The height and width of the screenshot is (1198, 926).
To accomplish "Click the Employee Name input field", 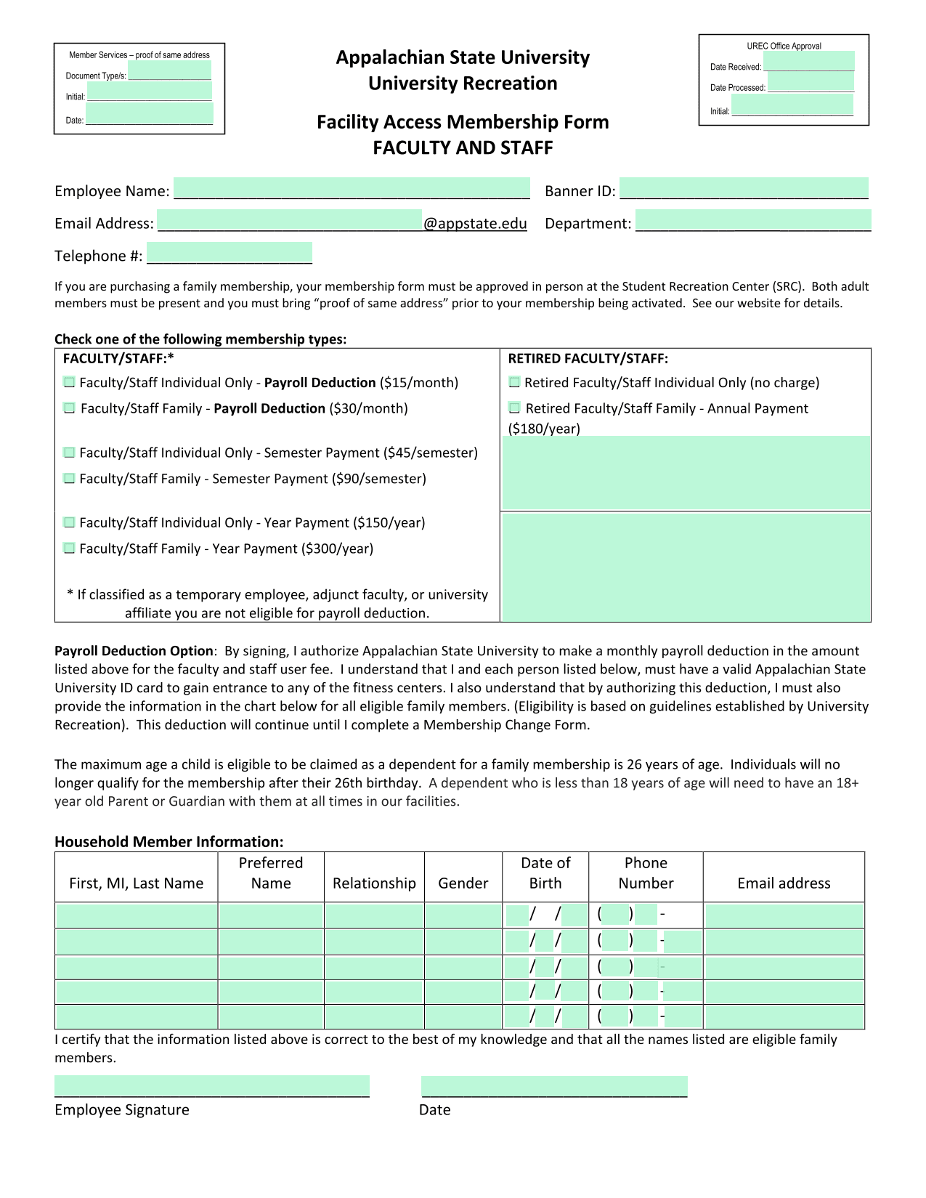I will click(352, 188).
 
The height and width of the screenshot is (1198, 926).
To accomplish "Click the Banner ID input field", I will click(744, 188).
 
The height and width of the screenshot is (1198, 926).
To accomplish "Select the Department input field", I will click(753, 221).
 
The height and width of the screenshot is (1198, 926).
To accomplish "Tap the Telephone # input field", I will click(230, 253).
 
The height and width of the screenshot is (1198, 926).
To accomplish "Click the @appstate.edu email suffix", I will click(476, 224).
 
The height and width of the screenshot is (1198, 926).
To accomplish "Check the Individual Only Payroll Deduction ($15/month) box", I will click(69, 382).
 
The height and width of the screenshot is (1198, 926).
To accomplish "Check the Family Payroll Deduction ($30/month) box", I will click(69, 408).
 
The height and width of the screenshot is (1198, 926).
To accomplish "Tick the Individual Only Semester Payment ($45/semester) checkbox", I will click(69, 453).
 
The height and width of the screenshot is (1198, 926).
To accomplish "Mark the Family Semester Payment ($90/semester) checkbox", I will click(69, 479).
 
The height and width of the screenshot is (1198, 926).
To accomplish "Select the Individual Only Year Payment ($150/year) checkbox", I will click(69, 522).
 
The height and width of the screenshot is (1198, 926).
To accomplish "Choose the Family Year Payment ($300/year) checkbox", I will click(69, 549).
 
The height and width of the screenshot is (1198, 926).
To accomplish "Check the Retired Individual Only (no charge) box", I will click(514, 382).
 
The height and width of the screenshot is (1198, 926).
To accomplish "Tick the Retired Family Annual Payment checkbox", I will click(514, 408).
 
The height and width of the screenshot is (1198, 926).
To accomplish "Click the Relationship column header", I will click(374, 883).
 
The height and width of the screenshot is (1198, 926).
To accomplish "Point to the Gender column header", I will click(463, 883).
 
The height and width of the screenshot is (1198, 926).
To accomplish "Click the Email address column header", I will click(784, 883).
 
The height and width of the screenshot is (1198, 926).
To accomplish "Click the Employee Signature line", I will click(212, 1086).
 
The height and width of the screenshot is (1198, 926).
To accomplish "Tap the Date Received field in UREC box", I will click(808, 62).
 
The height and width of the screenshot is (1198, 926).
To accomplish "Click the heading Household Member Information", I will click(169, 842).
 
